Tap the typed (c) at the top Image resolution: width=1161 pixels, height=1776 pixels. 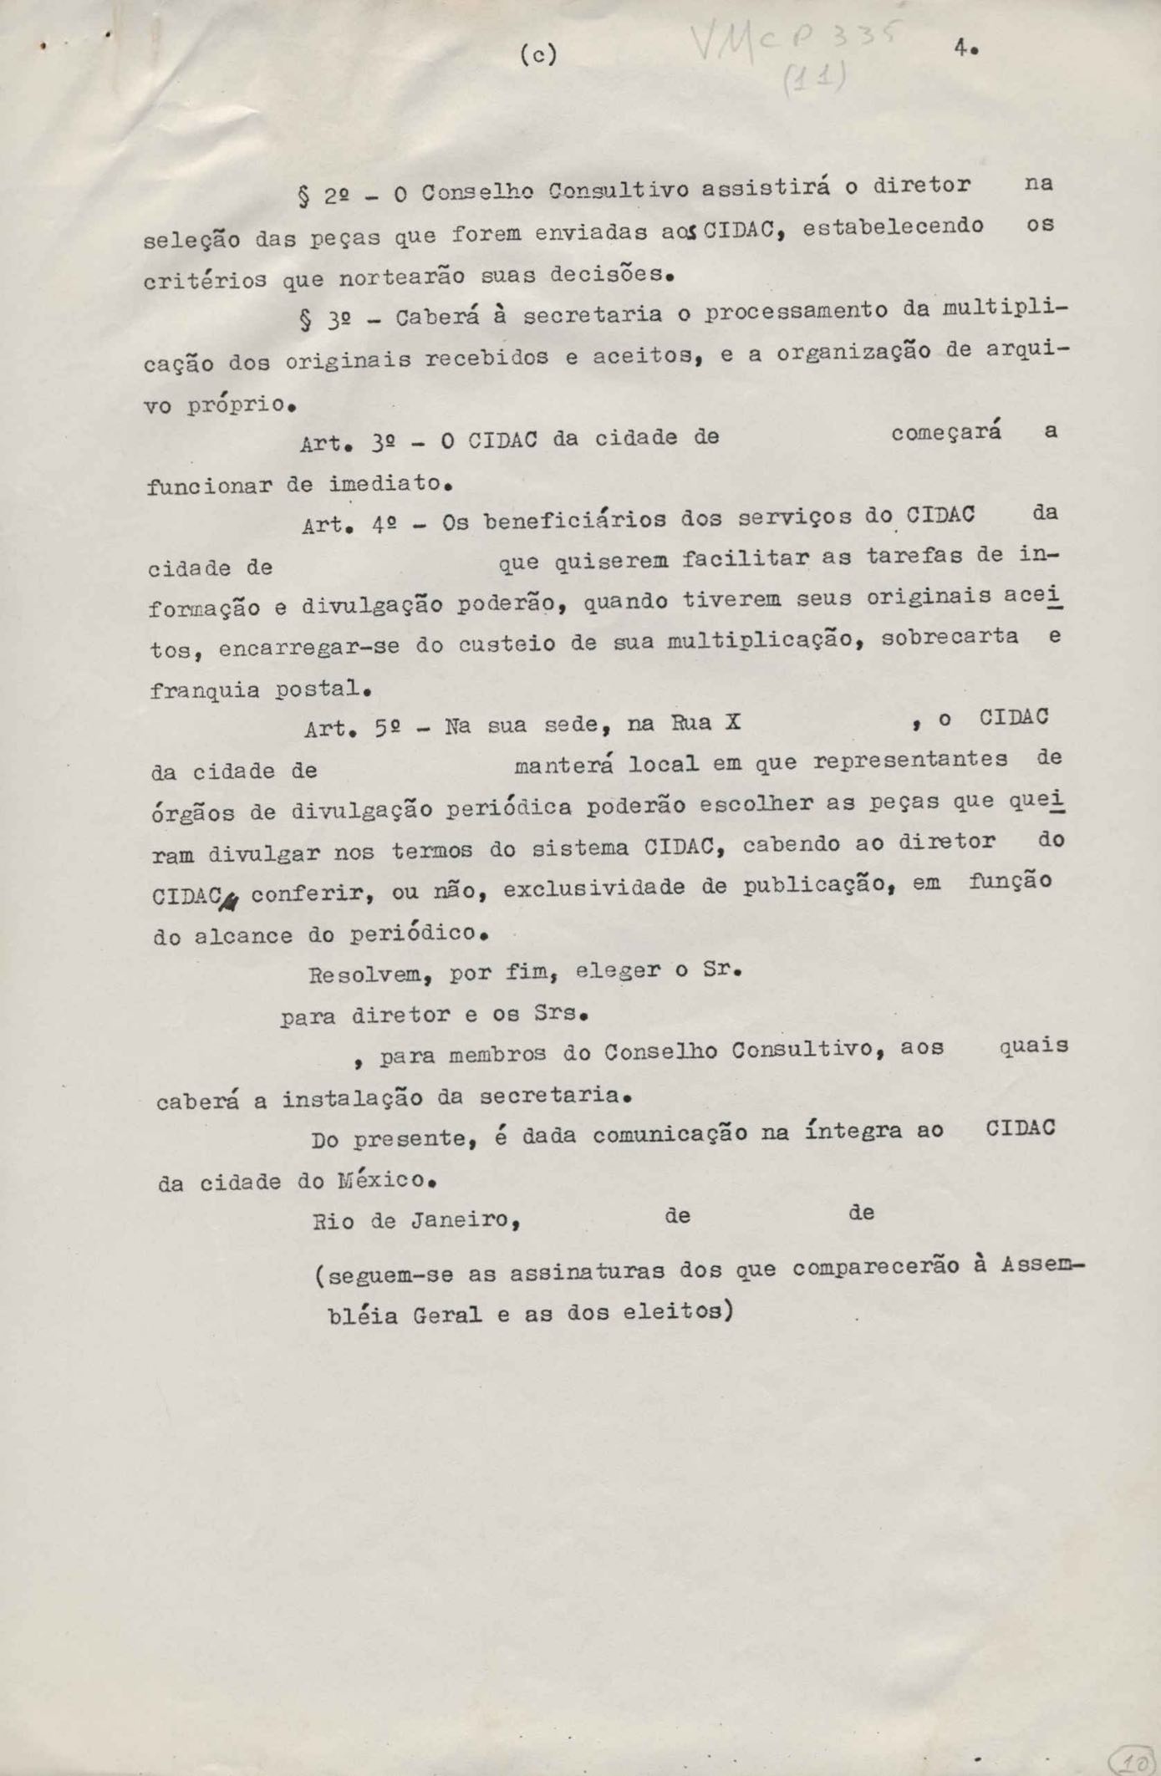538,55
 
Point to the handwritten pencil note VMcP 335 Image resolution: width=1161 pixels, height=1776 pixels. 795,50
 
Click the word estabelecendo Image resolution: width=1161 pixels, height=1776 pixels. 893,226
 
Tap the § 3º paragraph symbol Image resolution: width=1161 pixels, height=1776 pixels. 305,320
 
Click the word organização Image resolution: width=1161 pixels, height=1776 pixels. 853,353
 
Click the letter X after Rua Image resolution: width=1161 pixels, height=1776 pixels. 732,722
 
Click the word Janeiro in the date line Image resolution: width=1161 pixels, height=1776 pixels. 465,1220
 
